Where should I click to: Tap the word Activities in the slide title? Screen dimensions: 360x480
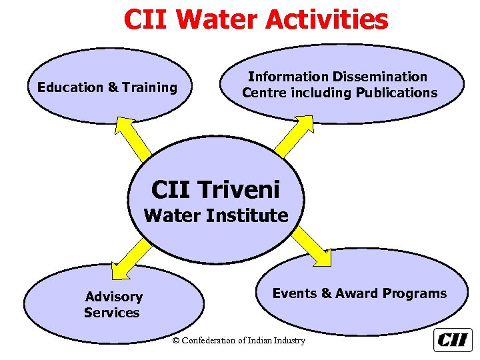327,19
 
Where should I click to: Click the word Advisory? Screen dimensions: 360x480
114,297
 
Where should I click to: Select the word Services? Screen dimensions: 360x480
112,313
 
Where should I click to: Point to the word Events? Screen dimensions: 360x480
295,293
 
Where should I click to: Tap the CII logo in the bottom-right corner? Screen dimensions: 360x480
453,340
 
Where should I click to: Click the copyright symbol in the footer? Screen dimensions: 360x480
176,341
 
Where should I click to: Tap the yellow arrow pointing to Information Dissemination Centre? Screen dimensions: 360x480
293,135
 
